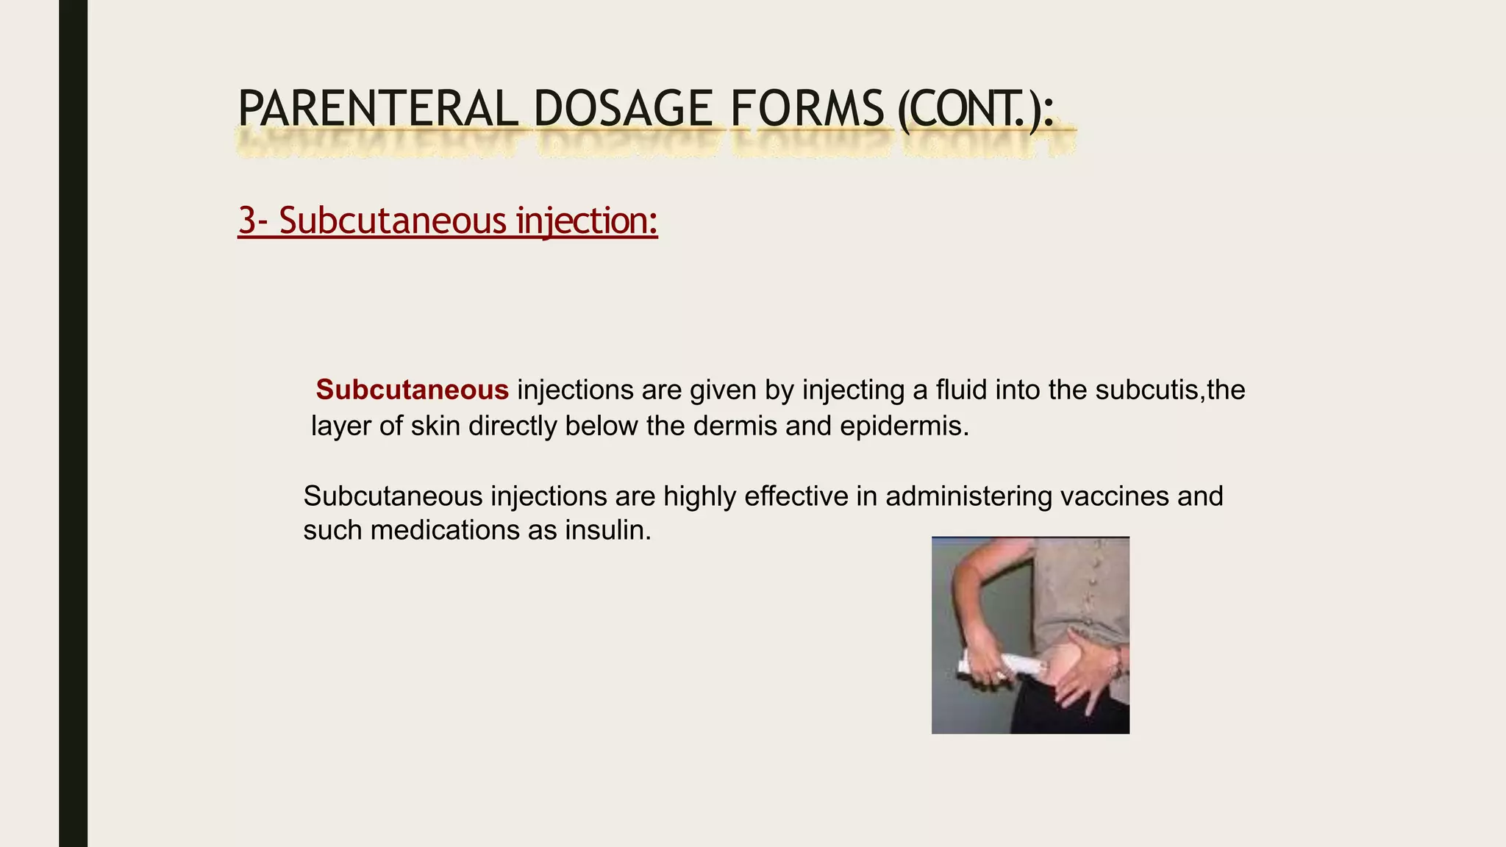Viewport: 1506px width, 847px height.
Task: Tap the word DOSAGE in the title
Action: tap(623, 109)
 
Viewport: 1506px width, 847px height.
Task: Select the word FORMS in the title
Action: tap(807, 109)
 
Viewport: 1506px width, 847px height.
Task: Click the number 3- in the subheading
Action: tap(254, 221)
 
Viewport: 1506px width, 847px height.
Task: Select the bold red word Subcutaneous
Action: tap(412, 390)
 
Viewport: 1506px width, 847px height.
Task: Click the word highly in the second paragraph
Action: tap(699, 496)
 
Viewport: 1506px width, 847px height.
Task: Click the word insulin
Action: tap(607, 530)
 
